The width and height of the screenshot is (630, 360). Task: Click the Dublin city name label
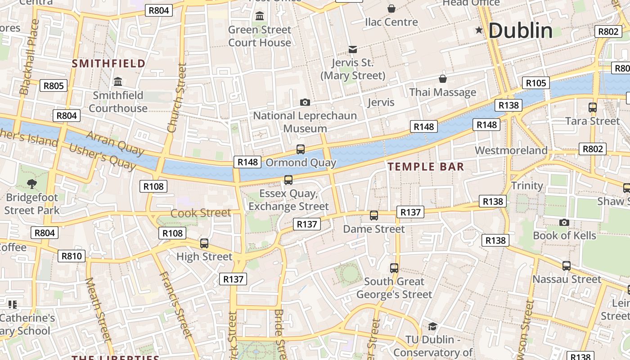point(520,31)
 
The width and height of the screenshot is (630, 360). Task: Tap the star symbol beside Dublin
point(479,31)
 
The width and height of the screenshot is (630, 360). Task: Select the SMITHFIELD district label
point(108,63)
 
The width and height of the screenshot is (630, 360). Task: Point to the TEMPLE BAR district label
point(426,167)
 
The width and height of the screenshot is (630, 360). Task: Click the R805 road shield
point(54,85)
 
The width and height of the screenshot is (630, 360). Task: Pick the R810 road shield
point(72,256)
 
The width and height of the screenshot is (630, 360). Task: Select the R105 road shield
point(536,83)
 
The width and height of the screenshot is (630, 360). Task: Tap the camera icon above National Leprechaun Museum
point(305,103)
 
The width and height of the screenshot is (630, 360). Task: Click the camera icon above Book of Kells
point(564,222)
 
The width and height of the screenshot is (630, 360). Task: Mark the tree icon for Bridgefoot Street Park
point(31,184)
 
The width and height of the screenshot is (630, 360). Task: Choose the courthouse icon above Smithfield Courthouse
point(118,82)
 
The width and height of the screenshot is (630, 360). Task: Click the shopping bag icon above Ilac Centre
point(391,9)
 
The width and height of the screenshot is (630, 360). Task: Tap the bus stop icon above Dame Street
point(373,216)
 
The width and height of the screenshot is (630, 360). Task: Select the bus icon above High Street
point(204,243)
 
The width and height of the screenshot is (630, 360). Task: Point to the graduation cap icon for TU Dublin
point(432,326)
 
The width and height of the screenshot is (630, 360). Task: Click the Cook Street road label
point(201,213)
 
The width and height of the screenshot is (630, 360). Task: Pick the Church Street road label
point(176,98)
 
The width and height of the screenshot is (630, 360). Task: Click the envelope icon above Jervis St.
point(353,49)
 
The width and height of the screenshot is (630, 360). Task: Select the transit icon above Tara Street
point(592,108)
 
